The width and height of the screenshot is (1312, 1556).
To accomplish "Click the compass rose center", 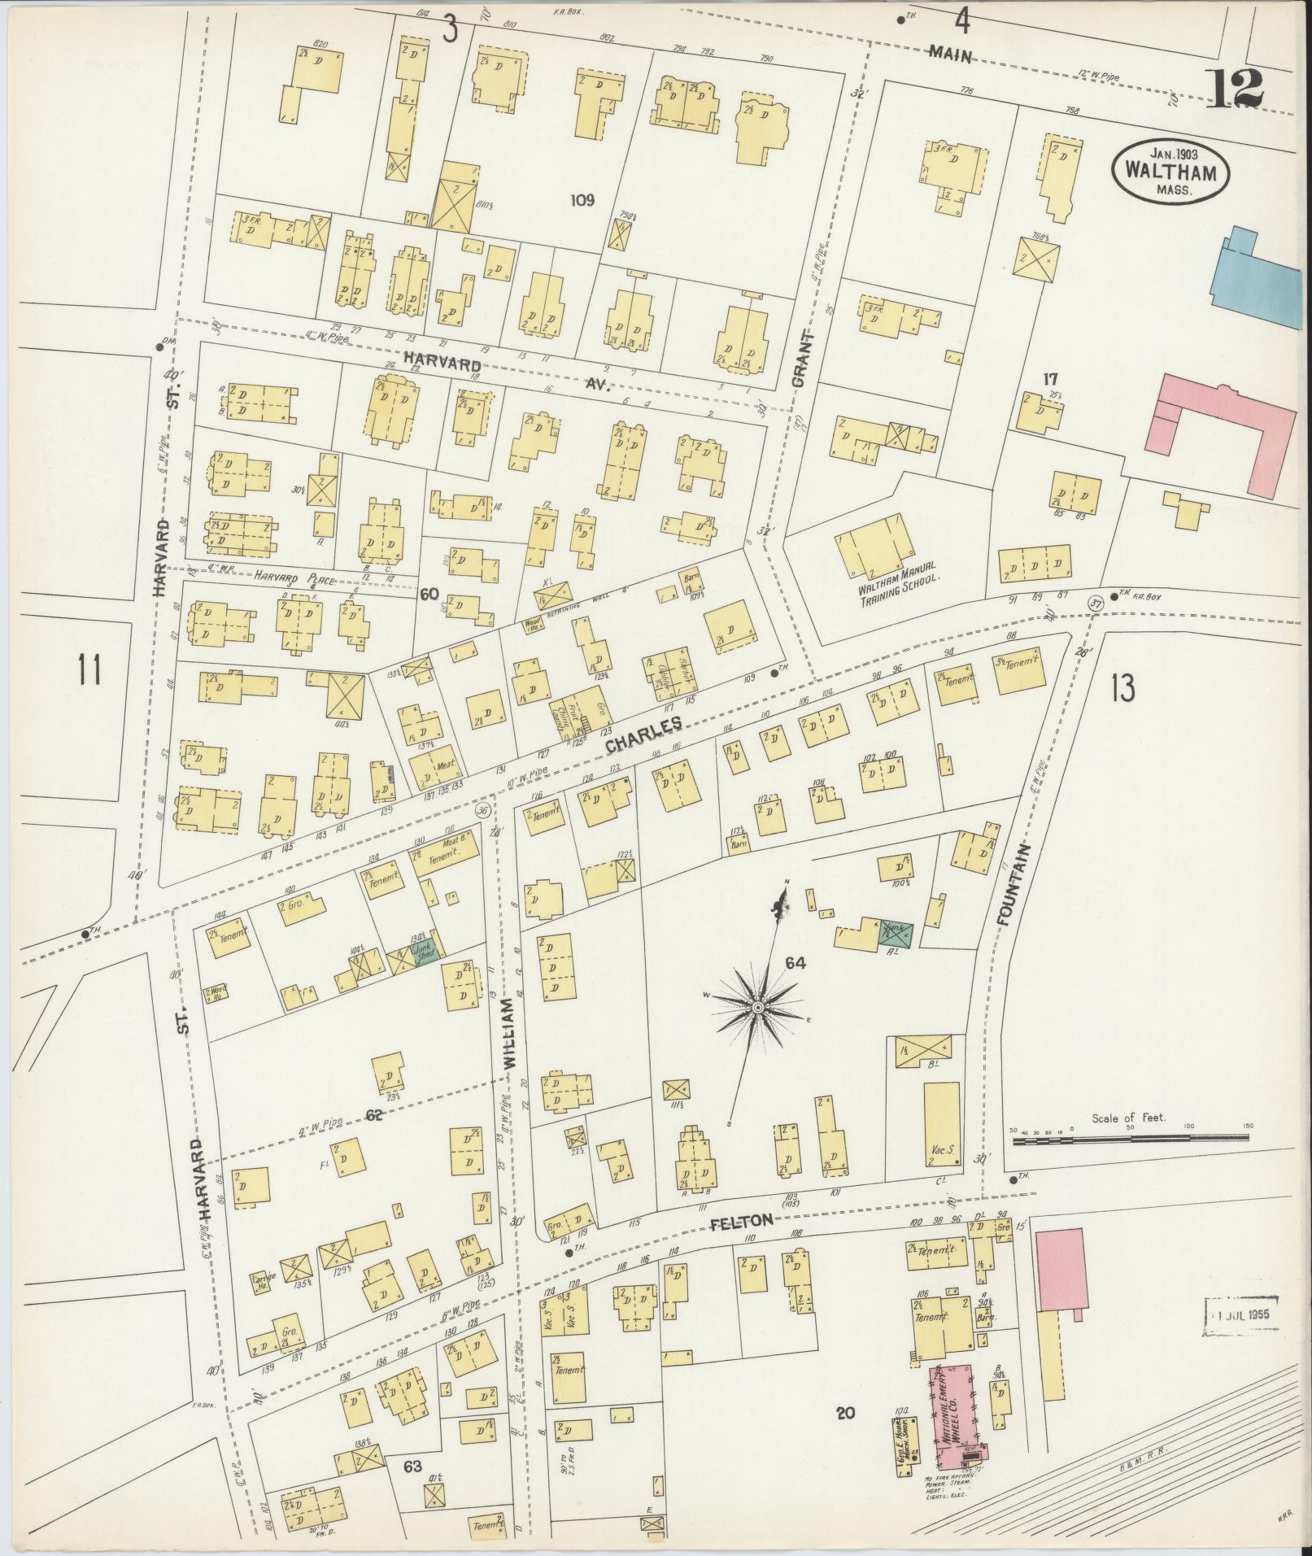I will (x=757, y=1008).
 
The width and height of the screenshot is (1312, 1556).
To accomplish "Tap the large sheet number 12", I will (x=1236, y=89).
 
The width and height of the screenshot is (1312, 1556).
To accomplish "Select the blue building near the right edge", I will (x=1256, y=281).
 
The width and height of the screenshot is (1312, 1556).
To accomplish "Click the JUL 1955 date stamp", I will (x=1240, y=1314).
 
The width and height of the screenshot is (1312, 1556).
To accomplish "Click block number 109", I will (x=582, y=198).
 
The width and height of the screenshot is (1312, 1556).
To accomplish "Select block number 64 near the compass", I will (x=795, y=964).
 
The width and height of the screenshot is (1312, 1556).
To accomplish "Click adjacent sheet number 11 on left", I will (x=89, y=670).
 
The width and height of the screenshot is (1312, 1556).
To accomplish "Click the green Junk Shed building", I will (x=426, y=952).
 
